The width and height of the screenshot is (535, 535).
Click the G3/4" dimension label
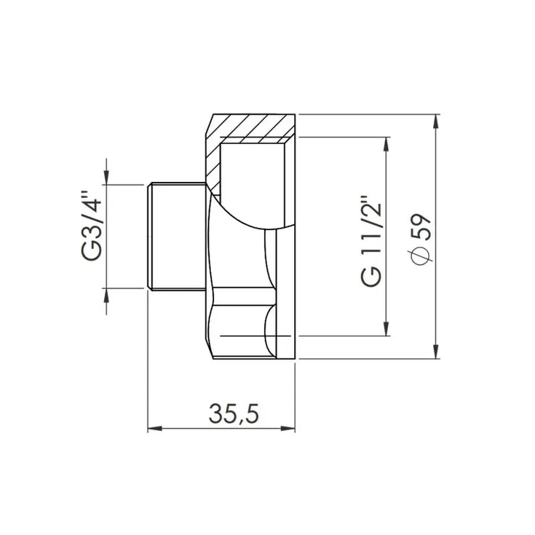(93, 226)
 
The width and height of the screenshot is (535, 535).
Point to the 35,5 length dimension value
(234, 413)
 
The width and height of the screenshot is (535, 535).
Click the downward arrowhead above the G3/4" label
(106, 177)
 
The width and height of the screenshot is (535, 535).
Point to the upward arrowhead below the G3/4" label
(106, 296)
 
